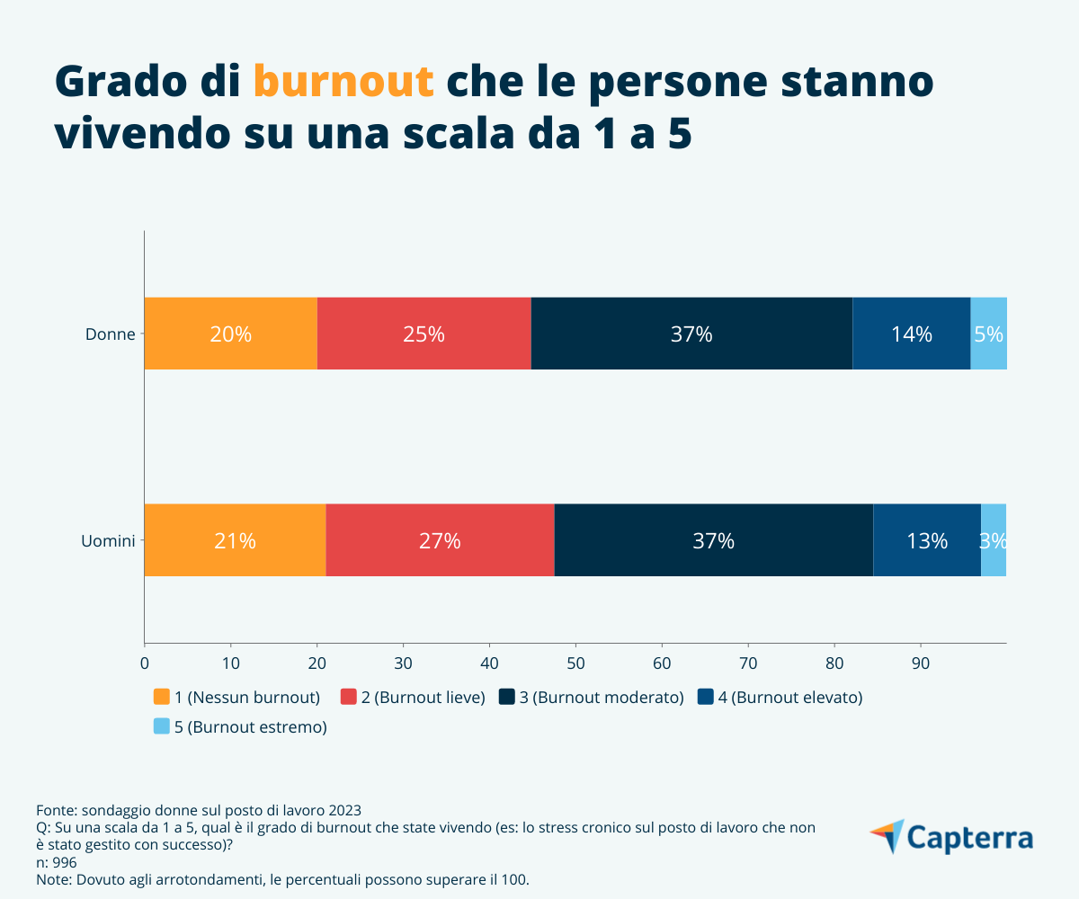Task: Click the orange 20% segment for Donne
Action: pyautogui.click(x=230, y=334)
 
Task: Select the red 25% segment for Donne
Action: pyautogui.click(x=424, y=334)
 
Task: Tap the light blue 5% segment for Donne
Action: pyautogui.click(x=988, y=334)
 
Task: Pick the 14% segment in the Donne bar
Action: pyautogui.click(x=911, y=334)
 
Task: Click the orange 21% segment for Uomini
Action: pyautogui.click(x=235, y=540)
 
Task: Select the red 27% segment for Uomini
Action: pyautogui.click(x=440, y=540)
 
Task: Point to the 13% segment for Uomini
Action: pyautogui.click(x=926, y=540)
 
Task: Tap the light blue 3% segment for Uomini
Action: pyautogui.click(x=993, y=540)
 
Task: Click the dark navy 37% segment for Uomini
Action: pyautogui.click(x=713, y=540)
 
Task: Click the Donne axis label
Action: pyautogui.click(x=110, y=334)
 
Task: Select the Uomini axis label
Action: pyautogui.click(x=107, y=541)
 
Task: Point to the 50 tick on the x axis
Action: pyautogui.click(x=575, y=664)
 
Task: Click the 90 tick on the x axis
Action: pyautogui.click(x=921, y=664)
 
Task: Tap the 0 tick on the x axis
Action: pyautogui.click(x=145, y=664)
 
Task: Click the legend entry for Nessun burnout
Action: pyautogui.click(x=237, y=698)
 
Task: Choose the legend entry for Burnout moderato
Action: pyautogui.click(x=592, y=698)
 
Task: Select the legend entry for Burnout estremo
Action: pyautogui.click(x=240, y=727)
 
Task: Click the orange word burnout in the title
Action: pyautogui.click(x=343, y=82)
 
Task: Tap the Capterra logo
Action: pyautogui.click(x=951, y=837)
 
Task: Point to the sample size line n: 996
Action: pyautogui.click(x=57, y=862)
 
